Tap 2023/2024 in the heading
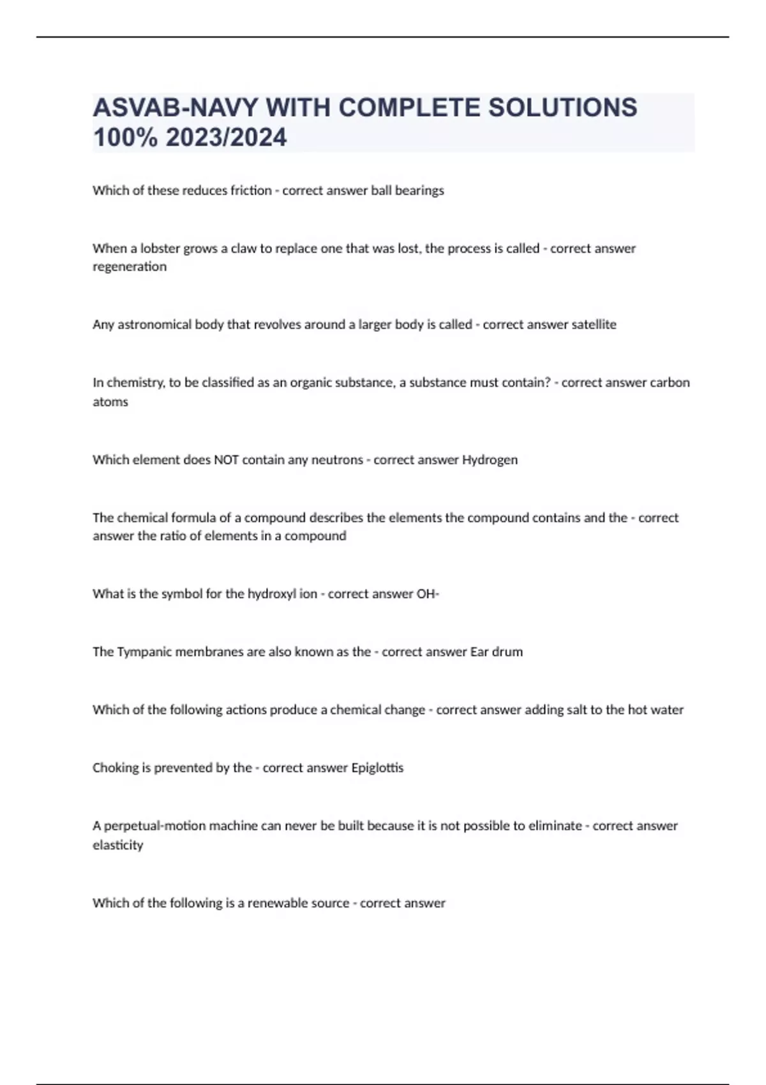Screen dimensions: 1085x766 click(226, 137)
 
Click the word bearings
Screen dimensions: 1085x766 click(419, 190)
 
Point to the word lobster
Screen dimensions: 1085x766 click(161, 248)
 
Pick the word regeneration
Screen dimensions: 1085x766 click(130, 267)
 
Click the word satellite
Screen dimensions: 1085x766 click(594, 324)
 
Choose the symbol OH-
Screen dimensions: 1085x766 click(428, 594)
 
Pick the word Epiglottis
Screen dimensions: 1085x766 click(377, 768)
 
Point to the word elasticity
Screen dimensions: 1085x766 click(118, 845)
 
